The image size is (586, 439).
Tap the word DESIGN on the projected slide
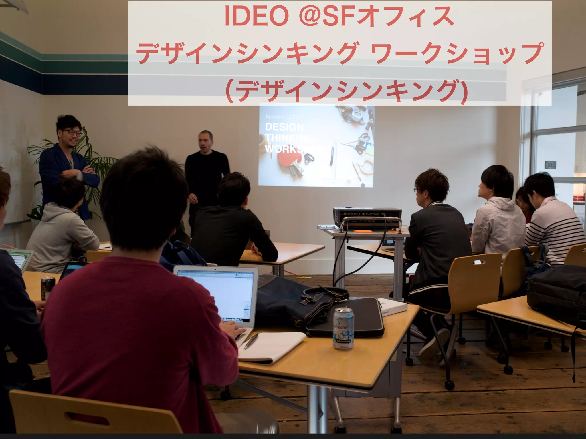click(284, 127)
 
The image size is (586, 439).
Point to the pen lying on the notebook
click(251, 341)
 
